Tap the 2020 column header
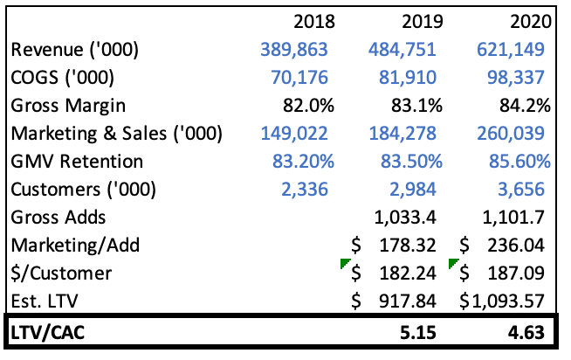(x=527, y=21)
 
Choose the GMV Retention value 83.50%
(x=406, y=162)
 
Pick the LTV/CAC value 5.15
(x=424, y=333)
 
